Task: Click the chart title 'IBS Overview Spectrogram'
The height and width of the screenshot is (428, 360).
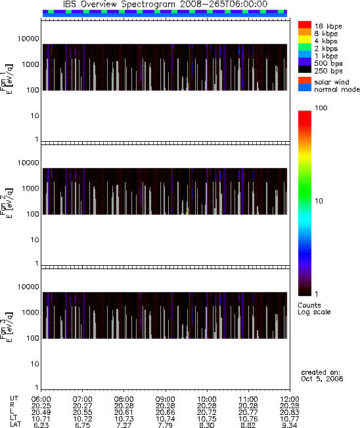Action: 119,5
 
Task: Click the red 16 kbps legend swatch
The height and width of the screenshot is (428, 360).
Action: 305,24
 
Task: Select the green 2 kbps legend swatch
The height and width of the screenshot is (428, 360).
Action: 305,47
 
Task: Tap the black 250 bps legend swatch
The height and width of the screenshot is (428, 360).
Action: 305,70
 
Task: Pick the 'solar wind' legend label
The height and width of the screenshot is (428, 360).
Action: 332,82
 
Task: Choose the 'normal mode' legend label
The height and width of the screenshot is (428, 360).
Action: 337,89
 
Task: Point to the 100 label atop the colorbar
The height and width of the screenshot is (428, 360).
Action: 321,108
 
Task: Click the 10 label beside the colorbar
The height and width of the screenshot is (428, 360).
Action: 319,201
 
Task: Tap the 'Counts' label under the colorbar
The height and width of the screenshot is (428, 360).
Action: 309,305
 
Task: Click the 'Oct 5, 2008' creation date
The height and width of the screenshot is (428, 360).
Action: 322,379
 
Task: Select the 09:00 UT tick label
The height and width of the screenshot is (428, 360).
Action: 165,399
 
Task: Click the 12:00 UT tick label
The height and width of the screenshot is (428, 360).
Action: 290,399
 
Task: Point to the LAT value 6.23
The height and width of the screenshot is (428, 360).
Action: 41,425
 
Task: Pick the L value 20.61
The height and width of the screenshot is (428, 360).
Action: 124,412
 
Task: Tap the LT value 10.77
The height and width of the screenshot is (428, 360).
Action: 290,419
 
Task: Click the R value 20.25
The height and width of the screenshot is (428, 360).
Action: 41,406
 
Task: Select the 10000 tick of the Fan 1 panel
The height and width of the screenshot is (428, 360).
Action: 28,39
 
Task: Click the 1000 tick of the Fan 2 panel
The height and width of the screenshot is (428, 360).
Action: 31,188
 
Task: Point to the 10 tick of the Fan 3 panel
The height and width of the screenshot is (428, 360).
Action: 35,364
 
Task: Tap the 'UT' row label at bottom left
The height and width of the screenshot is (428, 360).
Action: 14,399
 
